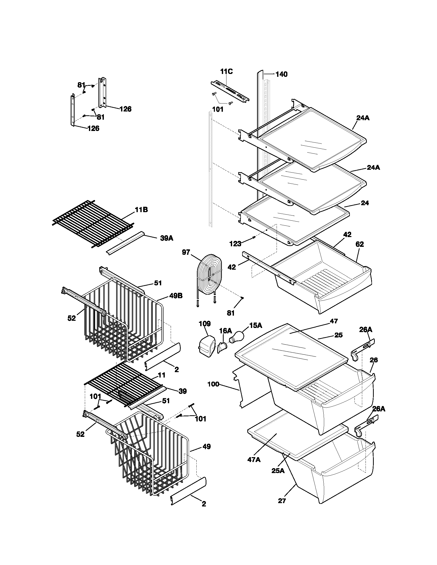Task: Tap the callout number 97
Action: [186, 252]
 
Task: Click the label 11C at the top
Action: [226, 72]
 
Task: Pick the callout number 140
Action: [281, 74]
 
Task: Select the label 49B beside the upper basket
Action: [176, 296]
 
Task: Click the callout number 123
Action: [235, 243]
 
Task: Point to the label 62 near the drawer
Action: [360, 244]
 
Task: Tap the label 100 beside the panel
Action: [213, 392]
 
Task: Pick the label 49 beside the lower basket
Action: [206, 447]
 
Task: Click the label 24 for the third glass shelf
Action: [365, 203]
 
